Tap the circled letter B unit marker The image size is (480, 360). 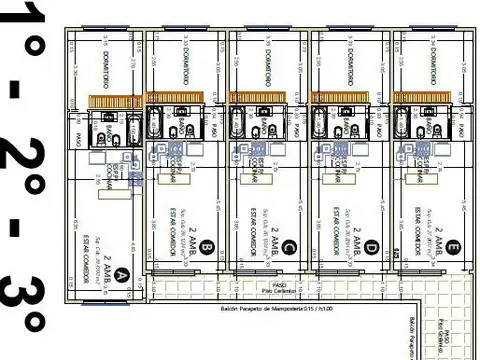(207, 246)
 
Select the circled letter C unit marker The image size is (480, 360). (289, 246)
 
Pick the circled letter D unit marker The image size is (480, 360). (371, 246)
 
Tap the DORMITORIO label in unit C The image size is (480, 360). (268, 60)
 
